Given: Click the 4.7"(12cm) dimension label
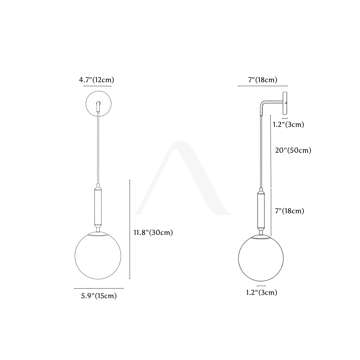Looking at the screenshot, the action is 96,80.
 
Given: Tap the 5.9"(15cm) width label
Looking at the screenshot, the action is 99,296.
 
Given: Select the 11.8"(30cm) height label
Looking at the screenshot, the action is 153,232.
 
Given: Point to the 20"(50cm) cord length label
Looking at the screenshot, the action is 293,150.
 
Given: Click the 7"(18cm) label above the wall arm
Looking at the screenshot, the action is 263,80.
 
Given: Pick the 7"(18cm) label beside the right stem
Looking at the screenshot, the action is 289,211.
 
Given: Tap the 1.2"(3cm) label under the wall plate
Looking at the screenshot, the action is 288,124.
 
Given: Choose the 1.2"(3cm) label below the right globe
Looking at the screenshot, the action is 262,292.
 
